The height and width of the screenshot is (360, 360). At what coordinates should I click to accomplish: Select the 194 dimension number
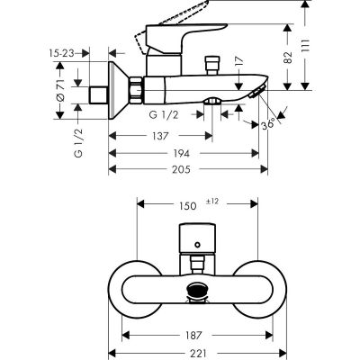click(184, 154)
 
